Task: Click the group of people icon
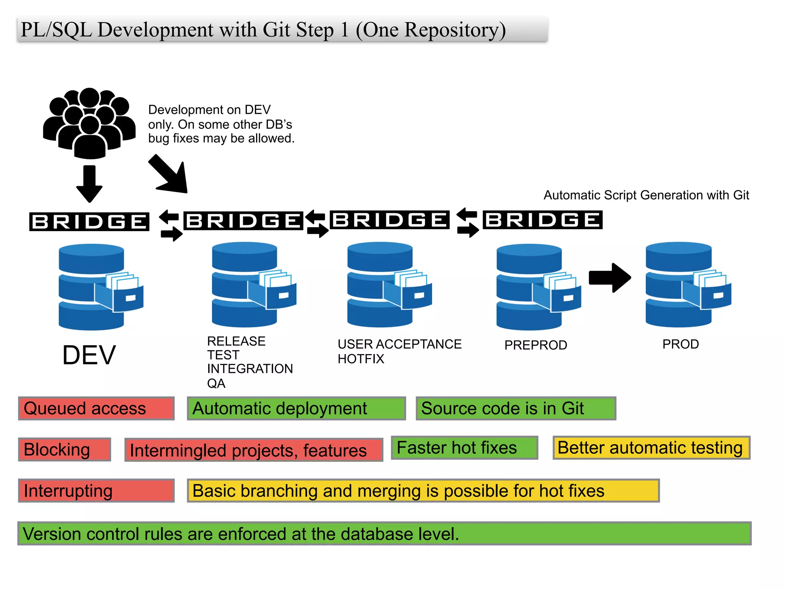(89, 123)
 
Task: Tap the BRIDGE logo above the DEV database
(89, 222)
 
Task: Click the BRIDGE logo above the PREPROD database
(542, 220)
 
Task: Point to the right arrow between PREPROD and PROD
(610, 277)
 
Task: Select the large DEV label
(89, 355)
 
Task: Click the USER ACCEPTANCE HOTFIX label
(399, 351)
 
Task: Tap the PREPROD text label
(535, 345)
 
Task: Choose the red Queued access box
(96, 409)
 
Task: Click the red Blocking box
(64, 450)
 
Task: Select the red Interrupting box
(96, 491)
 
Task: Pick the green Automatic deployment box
(296, 409)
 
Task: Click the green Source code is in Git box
(516, 409)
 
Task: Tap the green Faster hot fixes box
(465, 448)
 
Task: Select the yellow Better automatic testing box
(651, 448)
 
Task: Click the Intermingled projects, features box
(254, 450)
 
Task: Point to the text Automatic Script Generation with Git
(646, 195)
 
